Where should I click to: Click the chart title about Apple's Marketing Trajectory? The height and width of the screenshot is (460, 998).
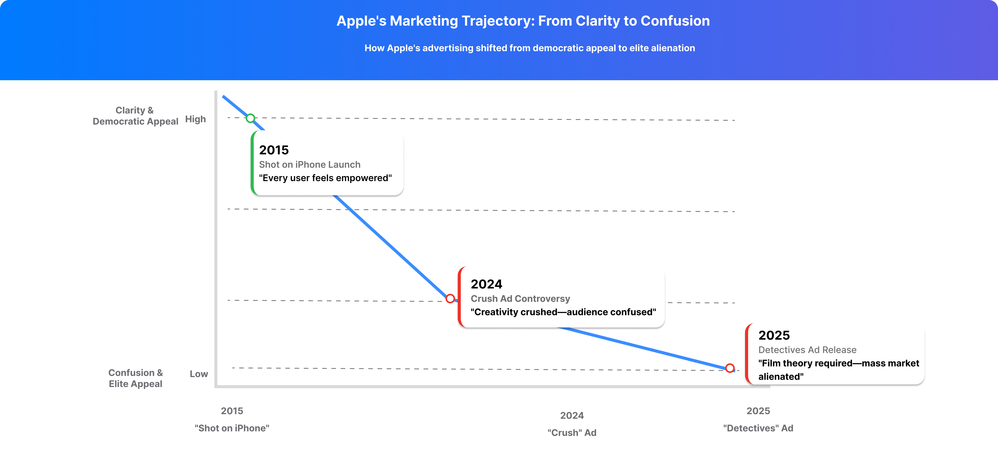[523, 21]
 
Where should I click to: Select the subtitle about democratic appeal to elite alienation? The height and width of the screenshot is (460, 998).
[530, 48]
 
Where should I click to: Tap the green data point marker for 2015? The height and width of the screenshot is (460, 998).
[251, 118]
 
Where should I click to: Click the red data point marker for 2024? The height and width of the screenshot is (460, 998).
[450, 299]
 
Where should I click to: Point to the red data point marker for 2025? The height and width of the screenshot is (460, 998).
[730, 368]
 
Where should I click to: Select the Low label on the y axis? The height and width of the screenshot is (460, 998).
[199, 374]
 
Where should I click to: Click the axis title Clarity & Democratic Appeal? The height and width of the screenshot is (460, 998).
[135, 116]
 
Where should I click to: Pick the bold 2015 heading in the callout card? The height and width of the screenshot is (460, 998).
[274, 150]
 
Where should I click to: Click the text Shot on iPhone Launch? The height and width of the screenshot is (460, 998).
[309, 165]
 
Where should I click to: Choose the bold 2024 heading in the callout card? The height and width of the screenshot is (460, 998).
[486, 284]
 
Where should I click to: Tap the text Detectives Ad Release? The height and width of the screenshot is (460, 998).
[807, 350]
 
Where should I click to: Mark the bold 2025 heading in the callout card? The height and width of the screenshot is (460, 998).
[774, 335]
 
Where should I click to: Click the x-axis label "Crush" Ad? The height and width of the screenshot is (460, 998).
[572, 433]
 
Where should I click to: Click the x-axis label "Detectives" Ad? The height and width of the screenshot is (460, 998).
[758, 428]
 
